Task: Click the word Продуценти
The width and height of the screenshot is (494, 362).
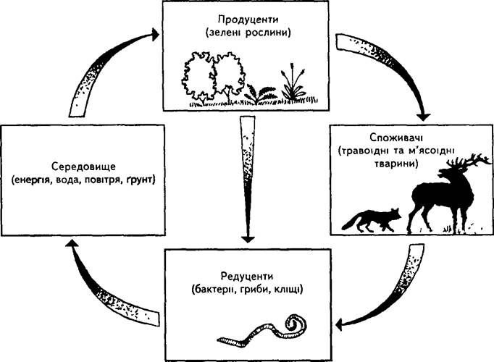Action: point(248,20)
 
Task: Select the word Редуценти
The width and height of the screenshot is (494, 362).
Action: point(247,277)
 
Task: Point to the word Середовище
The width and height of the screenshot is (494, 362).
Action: point(83,167)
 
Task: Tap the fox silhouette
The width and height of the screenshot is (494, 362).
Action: point(372,219)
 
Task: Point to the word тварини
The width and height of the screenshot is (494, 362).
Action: point(396,164)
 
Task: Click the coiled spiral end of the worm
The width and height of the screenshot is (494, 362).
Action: point(296,324)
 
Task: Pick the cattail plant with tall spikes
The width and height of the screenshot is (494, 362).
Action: point(293,83)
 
